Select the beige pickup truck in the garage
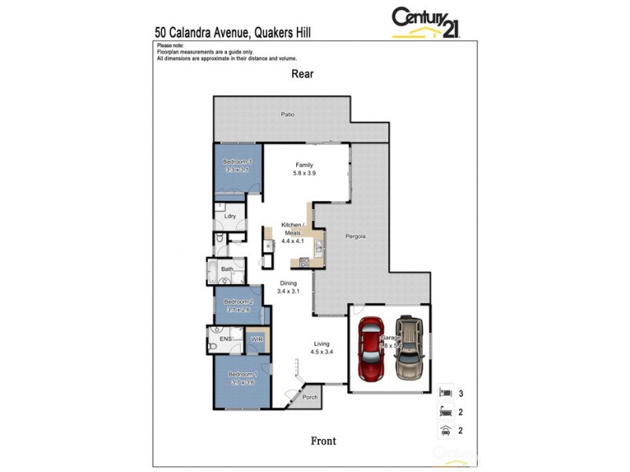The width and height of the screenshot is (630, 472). [407, 347]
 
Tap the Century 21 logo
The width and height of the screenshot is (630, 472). [426, 21]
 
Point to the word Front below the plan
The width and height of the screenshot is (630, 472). [322, 441]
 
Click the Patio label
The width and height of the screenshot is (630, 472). [288, 115]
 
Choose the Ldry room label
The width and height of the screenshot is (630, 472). [230, 216]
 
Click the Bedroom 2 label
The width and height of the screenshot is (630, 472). [238, 301]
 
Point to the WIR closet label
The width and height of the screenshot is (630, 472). [257, 339]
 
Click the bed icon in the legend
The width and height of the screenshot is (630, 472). [445, 391]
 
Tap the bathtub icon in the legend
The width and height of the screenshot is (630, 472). [445, 410]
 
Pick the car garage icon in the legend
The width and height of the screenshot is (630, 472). [445, 430]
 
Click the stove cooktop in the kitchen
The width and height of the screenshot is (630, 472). [302, 262]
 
